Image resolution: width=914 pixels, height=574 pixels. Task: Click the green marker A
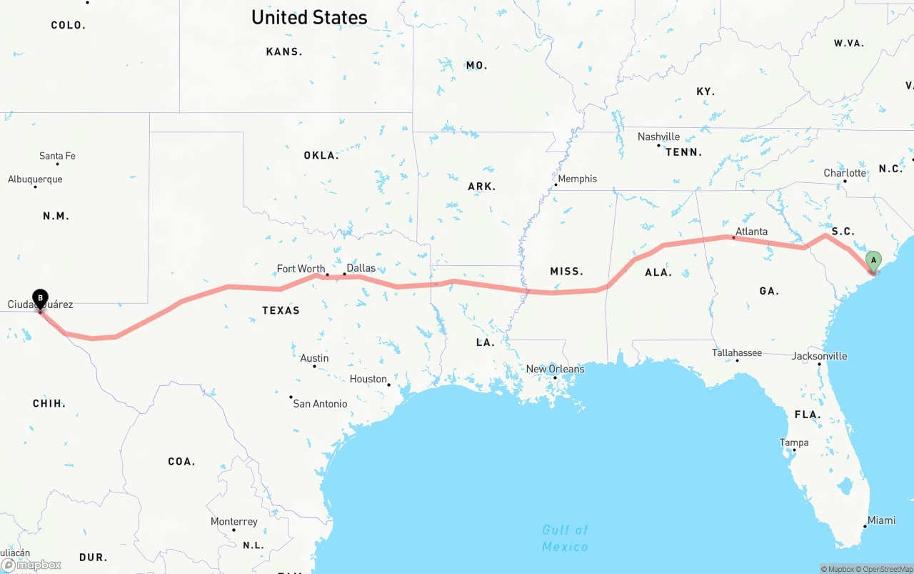click(x=873, y=261)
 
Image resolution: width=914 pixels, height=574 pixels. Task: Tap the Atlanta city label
click(x=751, y=232)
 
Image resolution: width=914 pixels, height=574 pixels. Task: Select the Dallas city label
click(x=361, y=268)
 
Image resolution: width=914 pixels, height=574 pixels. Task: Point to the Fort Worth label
click(x=301, y=269)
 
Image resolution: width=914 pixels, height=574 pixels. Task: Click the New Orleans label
click(x=555, y=369)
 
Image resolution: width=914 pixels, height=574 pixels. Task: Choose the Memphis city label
click(x=577, y=179)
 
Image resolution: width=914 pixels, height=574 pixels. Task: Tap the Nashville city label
click(x=658, y=137)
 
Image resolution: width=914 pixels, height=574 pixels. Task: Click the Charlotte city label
click(x=845, y=173)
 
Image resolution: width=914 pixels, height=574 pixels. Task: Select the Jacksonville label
click(x=819, y=356)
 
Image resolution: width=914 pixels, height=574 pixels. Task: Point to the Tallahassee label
click(x=736, y=352)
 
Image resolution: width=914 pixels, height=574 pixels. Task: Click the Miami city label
click(x=881, y=520)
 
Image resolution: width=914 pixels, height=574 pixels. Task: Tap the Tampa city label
click(x=793, y=442)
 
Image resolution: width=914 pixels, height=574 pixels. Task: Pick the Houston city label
click(x=368, y=379)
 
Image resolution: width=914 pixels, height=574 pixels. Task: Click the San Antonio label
click(x=320, y=404)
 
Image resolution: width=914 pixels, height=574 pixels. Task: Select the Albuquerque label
click(x=35, y=179)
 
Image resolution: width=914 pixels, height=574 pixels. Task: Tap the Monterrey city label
click(x=233, y=522)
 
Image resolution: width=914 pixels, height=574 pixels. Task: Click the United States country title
click(x=309, y=17)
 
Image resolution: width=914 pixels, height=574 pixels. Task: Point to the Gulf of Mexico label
click(x=565, y=538)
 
